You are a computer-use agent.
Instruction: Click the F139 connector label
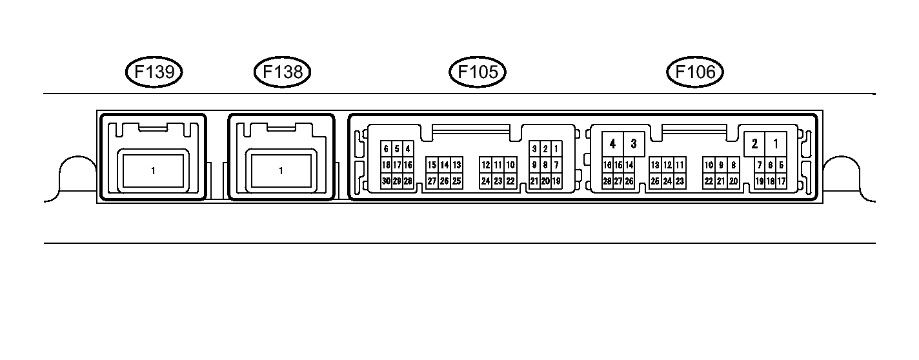[x=154, y=72]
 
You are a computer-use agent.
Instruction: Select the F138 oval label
[x=283, y=72]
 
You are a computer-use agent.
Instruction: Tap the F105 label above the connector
[x=478, y=72]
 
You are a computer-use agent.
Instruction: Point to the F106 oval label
[x=695, y=72]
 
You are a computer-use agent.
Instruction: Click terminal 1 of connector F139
[x=153, y=171]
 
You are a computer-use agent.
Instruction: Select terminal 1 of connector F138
[x=281, y=171]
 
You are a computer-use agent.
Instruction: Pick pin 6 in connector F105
[x=386, y=149]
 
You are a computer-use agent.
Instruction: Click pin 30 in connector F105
[x=386, y=181]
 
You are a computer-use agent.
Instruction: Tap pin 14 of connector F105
[x=445, y=165]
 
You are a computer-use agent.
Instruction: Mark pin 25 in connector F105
[x=456, y=181]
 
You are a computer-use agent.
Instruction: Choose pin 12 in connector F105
[x=485, y=165]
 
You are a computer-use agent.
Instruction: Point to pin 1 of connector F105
[x=556, y=149]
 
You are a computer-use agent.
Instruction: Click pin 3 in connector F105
[x=534, y=149]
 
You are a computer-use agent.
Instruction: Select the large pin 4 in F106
[x=612, y=143]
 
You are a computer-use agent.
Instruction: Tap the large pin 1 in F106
[x=775, y=143]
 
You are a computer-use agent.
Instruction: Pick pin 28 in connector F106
[x=607, y=181]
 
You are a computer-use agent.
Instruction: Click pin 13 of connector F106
[x=655, y=165]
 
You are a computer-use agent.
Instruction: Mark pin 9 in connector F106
[x=722, y=165]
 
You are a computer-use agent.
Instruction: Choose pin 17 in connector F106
[x=781, y=181]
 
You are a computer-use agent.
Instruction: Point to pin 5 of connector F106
[x=781, y=165]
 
